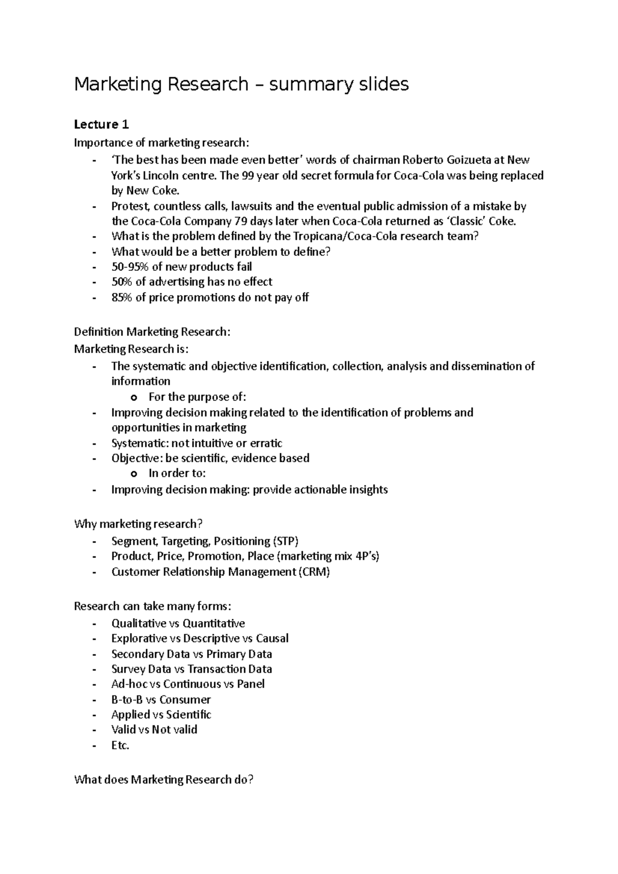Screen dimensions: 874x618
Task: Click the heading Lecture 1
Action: pos(101,125)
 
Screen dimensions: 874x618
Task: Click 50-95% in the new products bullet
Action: pos(130,267)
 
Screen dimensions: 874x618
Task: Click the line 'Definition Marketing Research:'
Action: pos(152,332)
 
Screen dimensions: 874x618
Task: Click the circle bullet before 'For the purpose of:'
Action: pos(134,397)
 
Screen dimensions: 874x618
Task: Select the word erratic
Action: pos(266,443)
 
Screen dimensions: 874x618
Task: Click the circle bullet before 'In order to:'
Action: pos(134,474)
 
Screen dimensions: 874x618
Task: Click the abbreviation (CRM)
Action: pos(314,572)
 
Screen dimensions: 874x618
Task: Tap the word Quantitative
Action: pos(214,623)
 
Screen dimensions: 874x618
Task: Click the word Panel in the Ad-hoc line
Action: pos(251,684)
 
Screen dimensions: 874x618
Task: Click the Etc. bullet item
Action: pos(120,745)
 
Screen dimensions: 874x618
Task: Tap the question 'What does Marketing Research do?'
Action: pos(164,780)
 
